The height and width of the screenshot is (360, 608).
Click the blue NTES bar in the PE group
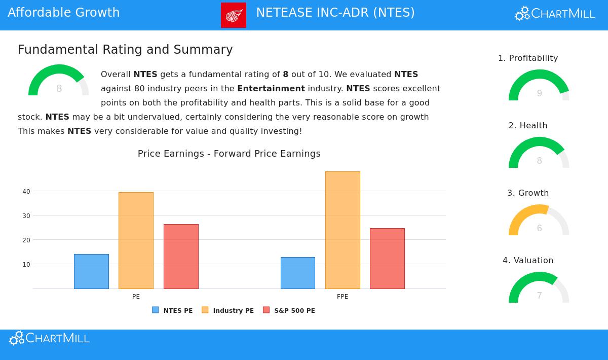coord(91,271)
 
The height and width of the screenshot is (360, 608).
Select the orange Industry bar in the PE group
coord(136,240)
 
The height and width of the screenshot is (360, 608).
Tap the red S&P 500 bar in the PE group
coord(181,257)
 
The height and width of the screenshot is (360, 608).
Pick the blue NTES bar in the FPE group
coord(298,273)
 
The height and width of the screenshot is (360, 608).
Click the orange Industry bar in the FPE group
coord(343,230)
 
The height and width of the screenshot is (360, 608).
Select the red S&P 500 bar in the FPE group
coord(387,259)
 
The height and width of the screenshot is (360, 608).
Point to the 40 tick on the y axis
coord(26,192)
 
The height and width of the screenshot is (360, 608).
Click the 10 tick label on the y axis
coord(26,265)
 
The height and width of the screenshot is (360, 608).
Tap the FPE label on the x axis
coord(343,297)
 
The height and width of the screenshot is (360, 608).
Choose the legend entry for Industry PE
coord(228,310)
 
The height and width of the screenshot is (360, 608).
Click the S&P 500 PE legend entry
coord(289,310)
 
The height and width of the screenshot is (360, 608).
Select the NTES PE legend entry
coord(173,310)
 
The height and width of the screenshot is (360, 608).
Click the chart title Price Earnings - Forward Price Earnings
coord(229,154)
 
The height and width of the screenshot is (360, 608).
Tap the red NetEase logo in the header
coord(234,15)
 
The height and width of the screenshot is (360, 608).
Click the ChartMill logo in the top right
coord(555,14)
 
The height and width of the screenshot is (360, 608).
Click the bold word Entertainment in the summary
coord(271,89)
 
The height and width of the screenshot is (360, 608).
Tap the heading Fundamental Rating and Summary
coord(125,50)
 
